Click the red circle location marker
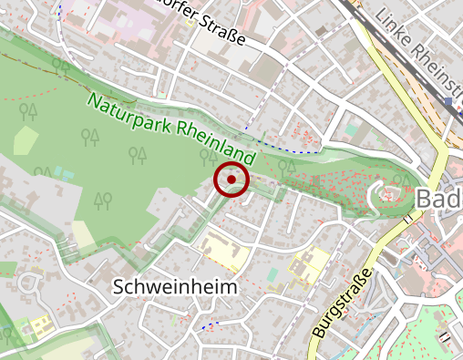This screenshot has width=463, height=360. pos(231,180)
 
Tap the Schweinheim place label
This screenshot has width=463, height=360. pos(175,286)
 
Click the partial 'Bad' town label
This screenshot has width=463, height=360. pos(438,199)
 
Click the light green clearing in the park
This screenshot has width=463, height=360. pos(26,142)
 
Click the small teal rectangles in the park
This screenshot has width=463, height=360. pos(62,171)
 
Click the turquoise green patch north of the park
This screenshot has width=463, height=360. pos(352,131)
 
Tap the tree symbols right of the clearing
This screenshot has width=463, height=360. pos(89,138)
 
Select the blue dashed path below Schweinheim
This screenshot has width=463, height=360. pos(210,325)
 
